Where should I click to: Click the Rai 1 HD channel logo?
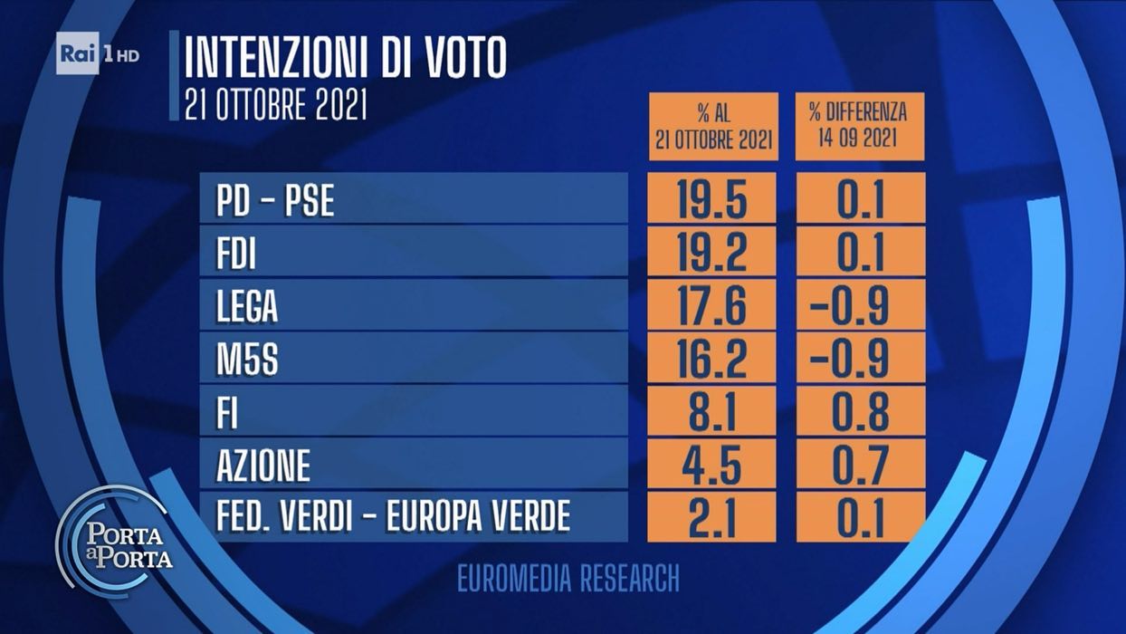click(x=98, y=53)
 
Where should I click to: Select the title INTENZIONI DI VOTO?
click(x=345, y=60)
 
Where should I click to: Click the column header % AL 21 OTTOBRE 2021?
click(x=713, y=127)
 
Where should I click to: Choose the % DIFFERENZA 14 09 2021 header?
click(x=859, y=127)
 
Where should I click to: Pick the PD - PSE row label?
click(x=275, y=201)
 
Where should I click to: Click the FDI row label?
click(x=236, y=255)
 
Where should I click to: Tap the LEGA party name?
click(x=246, y=308)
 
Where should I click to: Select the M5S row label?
click(x=246, y=360)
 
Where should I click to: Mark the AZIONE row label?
click(x=263, y=466)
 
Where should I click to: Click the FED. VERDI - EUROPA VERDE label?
click(x=393, y=517)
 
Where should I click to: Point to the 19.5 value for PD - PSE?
click(x=712, y=200)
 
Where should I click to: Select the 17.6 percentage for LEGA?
click(x=712, y=307)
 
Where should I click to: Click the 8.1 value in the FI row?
click(x=712, y=414)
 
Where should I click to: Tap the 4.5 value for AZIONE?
click(x=712, y=466)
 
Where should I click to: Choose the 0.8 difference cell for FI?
click(x=860, y=414)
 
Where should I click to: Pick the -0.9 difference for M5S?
click(x=860, y=360)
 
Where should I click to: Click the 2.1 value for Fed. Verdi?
click(x=712, y=517)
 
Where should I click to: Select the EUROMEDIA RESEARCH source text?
click(x=568, y=579)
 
